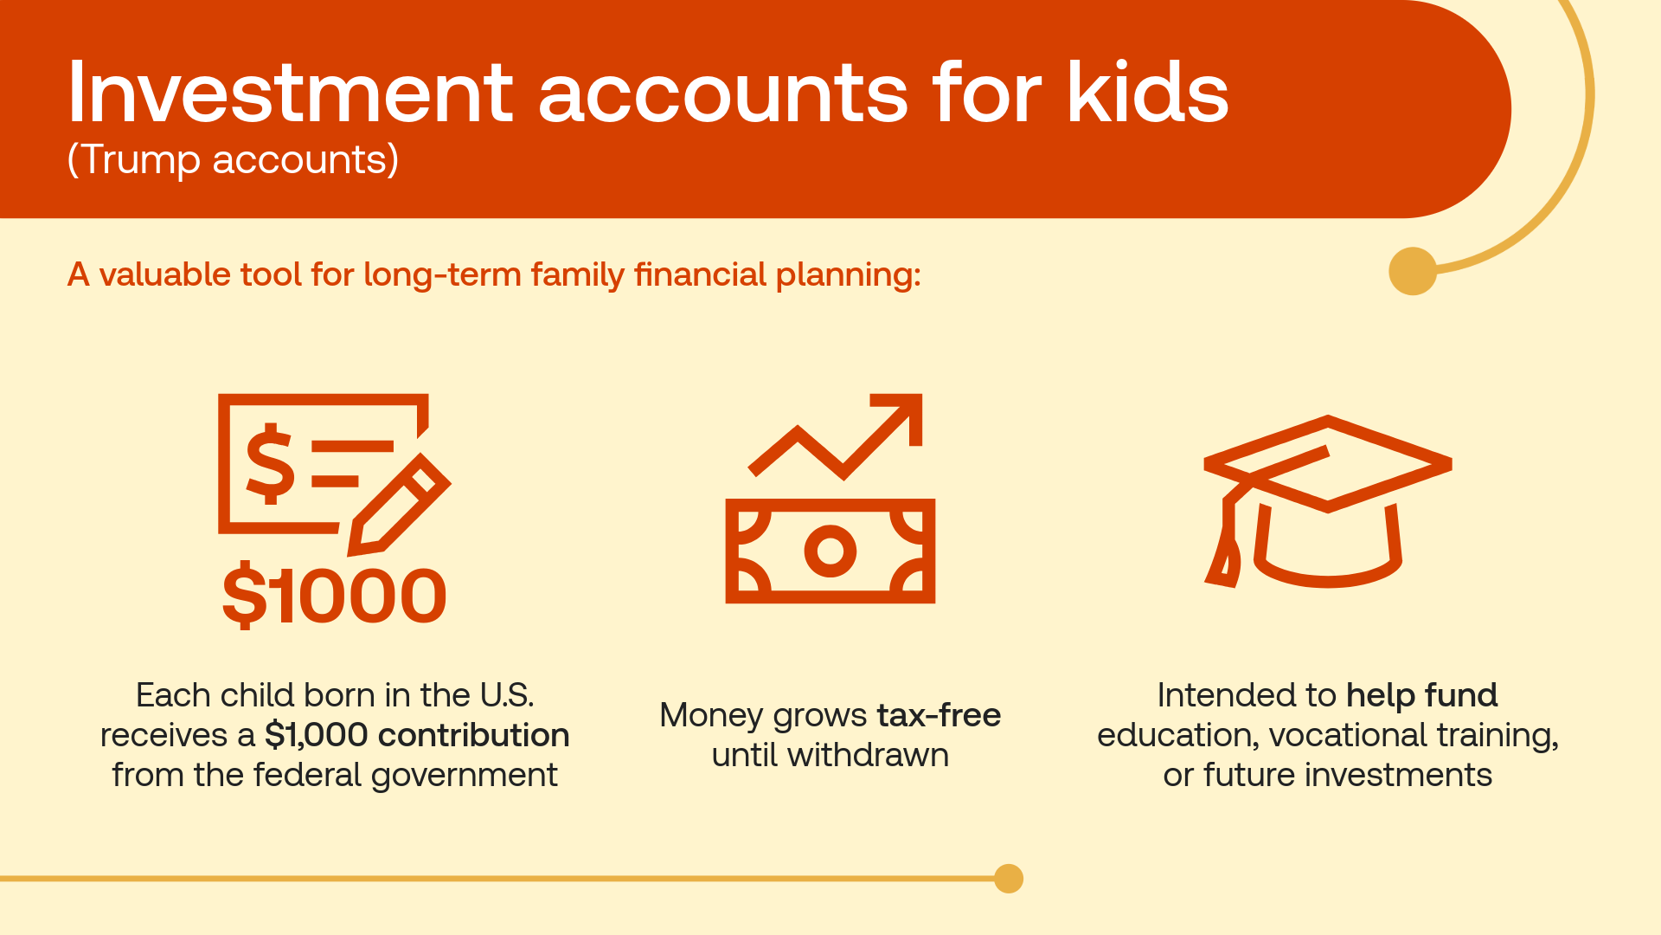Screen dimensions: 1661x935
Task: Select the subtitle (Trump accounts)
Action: [233, 160]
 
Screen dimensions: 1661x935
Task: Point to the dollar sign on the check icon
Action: [271, 463]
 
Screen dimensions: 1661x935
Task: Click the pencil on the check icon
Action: [399, 505]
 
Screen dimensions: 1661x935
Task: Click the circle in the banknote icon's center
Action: [830, 551]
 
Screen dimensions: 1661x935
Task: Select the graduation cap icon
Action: [1328, 501]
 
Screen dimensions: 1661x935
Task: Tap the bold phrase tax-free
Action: [939, 715]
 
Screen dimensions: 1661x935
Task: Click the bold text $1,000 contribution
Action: [417, 735]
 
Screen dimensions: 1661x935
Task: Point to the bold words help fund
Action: [1422, 695]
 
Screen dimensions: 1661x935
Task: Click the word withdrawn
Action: [869, 755]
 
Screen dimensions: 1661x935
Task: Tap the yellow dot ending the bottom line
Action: [1009, 879]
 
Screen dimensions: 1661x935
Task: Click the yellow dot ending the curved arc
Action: [1413, 271]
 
